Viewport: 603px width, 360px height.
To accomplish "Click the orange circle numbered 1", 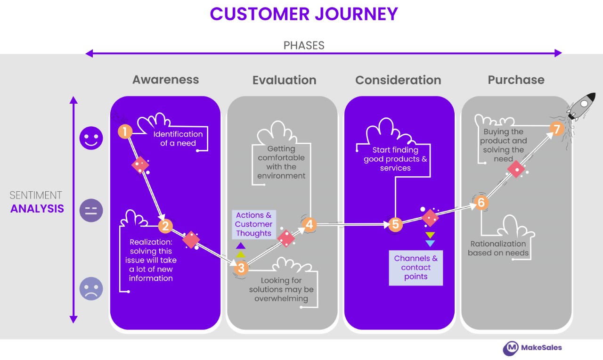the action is pyautogui.click(x=125, y=131).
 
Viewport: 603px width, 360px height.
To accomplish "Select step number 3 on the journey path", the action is pyautogui.click(x=241, y=268).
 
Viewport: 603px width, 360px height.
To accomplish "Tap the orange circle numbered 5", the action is pyautogui.click(x=395, y=224).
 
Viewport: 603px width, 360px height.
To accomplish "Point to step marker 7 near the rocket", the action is pyautogui.click(x=557, y=129).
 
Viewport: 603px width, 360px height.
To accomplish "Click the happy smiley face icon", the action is pyautogui.click(x=91, y=138).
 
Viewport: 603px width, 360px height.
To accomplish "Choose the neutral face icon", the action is pyautogui.click(x=91, y=210).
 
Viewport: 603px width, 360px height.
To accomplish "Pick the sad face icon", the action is pyautogui.click(x=91, y=289).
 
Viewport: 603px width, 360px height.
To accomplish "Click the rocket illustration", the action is pyautogui.click(x=581, y=106).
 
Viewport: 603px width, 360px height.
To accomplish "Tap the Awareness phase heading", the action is pyautogui.click(x=165, y=80).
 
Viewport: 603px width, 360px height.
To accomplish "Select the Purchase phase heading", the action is pyautogui.click(x=516, y=80).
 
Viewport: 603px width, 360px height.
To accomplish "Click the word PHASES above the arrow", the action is pyautogui.click(x=304, y=45).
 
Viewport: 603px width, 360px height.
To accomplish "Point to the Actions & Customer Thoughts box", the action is pyautogui.click(x=254, y=224).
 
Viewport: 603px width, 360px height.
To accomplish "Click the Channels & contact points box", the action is pyautogui.click(x=416, y=268).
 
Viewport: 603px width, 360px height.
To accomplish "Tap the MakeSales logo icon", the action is pyautogui.click(x=511, y=348).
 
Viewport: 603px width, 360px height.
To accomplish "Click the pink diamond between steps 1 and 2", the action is pyautogui.click(x=140, y=164).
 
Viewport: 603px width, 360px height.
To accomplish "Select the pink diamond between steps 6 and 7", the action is pyautogui.click(x=516, y=169).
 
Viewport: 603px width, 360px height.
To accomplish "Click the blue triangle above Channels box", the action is pyautogui.click(x=430, y=244).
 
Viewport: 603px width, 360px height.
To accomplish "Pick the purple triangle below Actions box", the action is pyautogui.click(x=241, y=245).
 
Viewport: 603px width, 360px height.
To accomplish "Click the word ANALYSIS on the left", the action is pyautogui.click(x=37, y=209).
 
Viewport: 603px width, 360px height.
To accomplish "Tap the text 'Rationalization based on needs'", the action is pyautogui.click(x=498, y=248).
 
